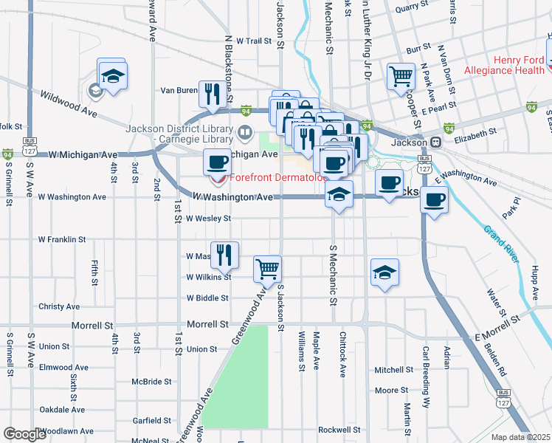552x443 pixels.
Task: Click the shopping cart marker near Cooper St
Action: coord(401,75)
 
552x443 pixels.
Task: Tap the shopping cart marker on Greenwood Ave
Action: coord(267,269)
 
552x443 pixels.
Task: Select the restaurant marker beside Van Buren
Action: coord(213,93)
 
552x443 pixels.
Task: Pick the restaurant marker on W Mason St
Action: coord(224,255)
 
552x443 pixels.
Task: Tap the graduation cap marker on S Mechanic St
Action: coord(339,194)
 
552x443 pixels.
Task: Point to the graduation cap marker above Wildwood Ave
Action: coord(113,75)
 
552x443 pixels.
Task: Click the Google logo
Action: coord(25,434)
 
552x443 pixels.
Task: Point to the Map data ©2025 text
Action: coord(520,437)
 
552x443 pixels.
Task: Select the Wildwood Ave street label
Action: coord(69,103)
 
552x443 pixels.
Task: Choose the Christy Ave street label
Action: coord(59,306)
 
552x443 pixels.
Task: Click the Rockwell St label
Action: coord(339,429)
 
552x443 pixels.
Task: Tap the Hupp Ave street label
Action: coord(536,281)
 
